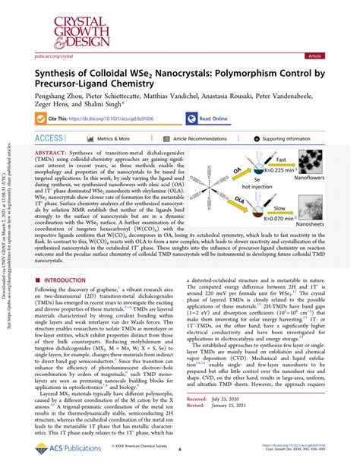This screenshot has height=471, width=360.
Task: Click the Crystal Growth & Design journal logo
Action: coord(63,25)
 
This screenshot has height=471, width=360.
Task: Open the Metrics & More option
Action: coord(113,139)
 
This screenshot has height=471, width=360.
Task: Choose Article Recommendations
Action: coord(200,139)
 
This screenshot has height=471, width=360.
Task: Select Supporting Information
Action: coord(295,139)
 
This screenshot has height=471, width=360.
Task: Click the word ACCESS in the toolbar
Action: coord(49,139)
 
